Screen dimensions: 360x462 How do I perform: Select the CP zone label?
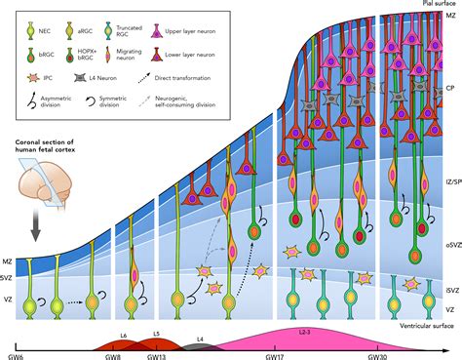coord(449,87)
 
